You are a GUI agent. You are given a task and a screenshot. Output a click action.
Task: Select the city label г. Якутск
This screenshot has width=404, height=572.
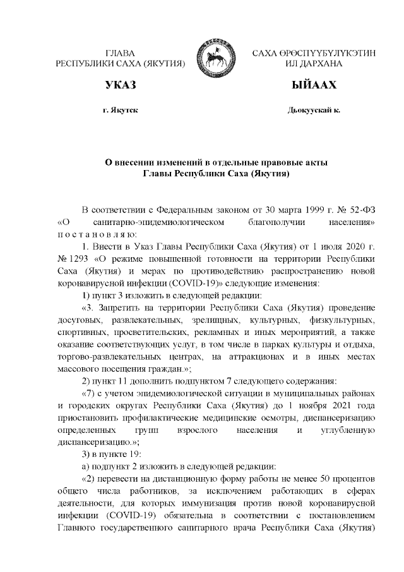(121, 110)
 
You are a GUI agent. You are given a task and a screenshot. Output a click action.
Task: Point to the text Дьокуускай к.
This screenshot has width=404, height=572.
(314, 110)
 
